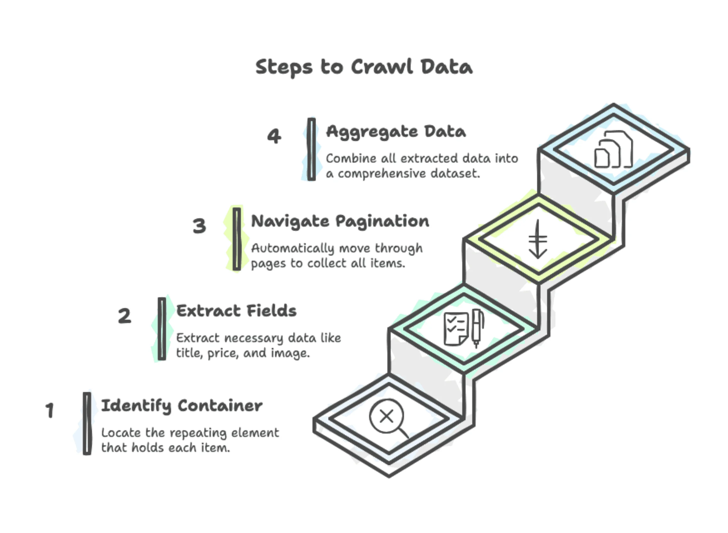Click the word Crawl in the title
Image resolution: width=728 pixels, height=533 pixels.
382,67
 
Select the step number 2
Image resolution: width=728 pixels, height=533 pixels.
125,315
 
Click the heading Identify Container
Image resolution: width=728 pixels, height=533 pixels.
181,406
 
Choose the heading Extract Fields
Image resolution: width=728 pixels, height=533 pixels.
236,311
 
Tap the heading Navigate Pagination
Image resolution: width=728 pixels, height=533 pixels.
340,222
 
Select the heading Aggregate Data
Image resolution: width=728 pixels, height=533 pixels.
396,132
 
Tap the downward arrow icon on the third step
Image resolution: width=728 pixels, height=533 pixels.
538,239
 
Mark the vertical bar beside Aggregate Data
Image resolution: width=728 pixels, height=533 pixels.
312,149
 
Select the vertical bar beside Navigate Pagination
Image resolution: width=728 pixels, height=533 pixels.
237,239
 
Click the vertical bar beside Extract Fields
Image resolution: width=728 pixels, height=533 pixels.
162,328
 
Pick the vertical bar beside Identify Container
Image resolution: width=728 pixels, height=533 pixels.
87,423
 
